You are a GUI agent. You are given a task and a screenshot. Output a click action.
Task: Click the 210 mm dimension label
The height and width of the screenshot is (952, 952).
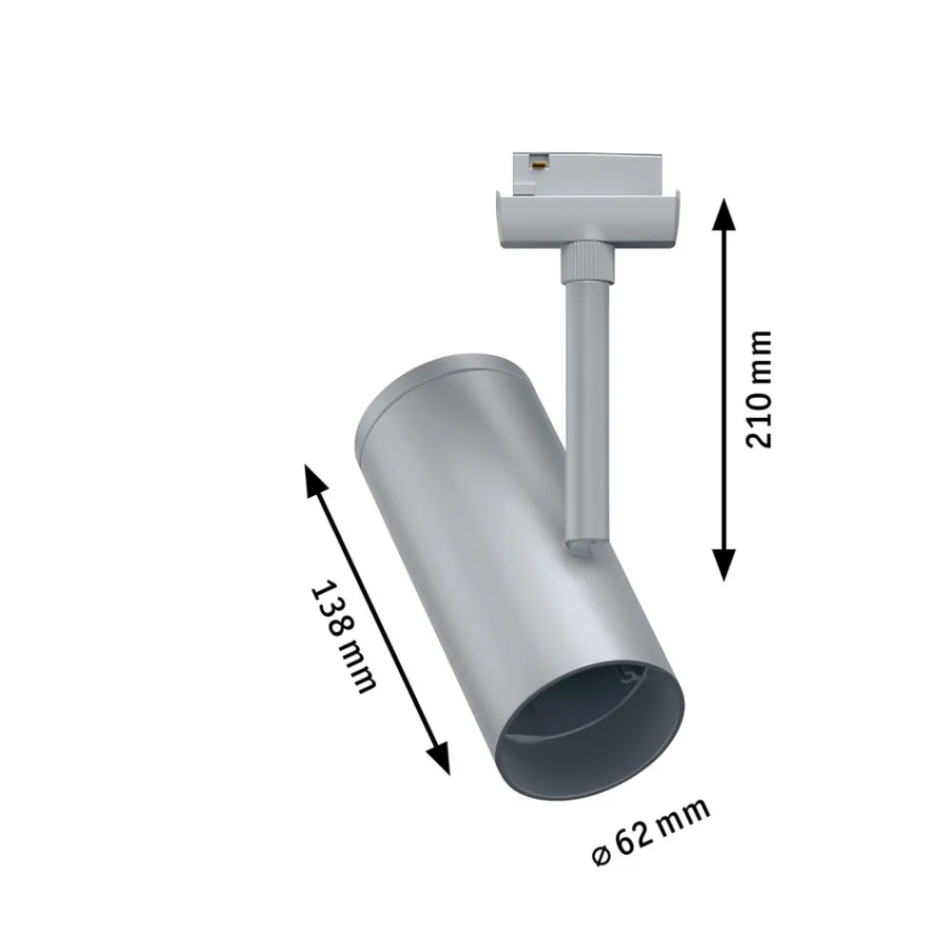click(759, 389)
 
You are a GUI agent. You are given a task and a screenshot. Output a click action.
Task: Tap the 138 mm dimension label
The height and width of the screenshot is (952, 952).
click(344, 637)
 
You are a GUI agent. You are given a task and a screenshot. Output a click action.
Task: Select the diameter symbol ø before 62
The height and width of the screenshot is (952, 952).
click(601, 855)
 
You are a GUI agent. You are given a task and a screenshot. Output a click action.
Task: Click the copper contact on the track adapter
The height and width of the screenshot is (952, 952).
click(538, 162)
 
